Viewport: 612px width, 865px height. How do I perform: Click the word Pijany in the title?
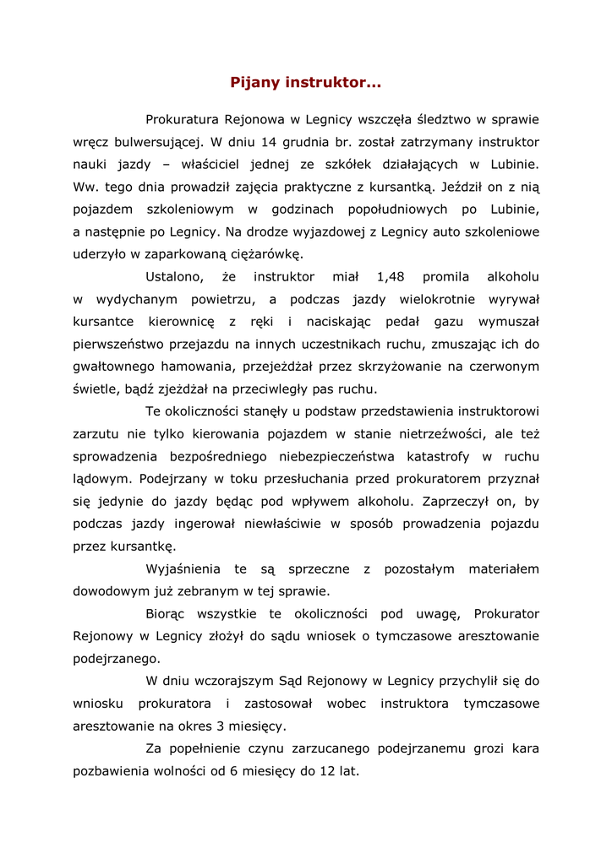(x=254, y=83)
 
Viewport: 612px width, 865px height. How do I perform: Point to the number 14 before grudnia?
(x=270, y=142)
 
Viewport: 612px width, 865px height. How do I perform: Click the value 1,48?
(x=391, y=276)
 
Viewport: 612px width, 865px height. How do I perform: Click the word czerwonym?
(x=505, y=367)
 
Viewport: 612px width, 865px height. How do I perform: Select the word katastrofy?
(x=427, y=456)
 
